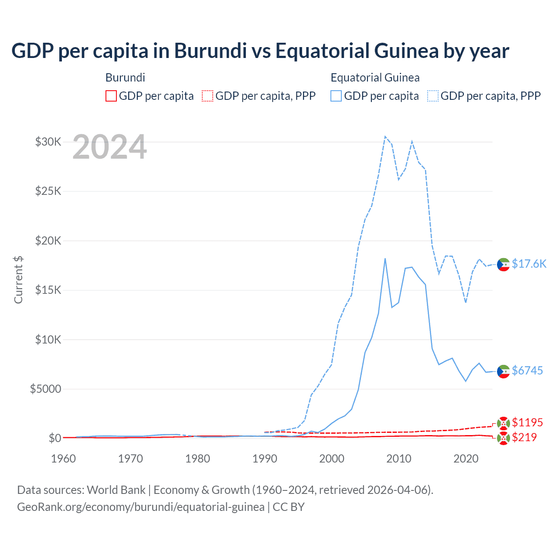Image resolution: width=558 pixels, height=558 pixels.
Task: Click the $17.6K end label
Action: (x=529, y=264)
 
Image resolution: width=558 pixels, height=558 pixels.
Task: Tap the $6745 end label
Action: (x=527, y=371)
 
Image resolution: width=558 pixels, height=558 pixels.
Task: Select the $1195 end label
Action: (x=527, y=422)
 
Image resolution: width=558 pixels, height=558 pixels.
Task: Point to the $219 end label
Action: (x=524, y=437)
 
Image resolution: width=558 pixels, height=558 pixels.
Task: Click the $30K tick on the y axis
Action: (x=48, y=142)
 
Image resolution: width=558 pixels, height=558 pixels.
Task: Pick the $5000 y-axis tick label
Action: (x=45, y=389)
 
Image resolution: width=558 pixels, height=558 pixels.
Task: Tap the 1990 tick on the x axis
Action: (x=265, y=459)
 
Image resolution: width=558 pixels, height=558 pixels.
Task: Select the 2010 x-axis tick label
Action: (x=399, y=459)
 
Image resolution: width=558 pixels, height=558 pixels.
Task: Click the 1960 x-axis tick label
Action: (x=64, y=459)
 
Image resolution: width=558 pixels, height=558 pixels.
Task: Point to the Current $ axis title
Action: (x=18, y=280)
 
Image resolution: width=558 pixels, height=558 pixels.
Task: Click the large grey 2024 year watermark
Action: (x=109, y=147)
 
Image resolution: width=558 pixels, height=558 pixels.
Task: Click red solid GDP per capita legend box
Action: (x=111, y=96)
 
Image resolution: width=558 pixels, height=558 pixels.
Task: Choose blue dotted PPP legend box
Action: (x=433, y=96)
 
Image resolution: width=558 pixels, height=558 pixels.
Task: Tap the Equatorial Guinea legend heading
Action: (x=375, y=78)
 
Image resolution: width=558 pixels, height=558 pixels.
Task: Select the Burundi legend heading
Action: (x=125, y=78)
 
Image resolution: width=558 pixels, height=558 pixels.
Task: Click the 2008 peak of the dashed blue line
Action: (x=385, y=136)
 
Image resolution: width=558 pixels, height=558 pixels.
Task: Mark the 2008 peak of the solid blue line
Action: (x=385, y=259)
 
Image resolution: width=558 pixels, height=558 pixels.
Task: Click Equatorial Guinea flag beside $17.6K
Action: (x=504, y=265)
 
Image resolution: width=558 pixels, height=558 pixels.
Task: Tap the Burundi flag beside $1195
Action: (x=504, y=423)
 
